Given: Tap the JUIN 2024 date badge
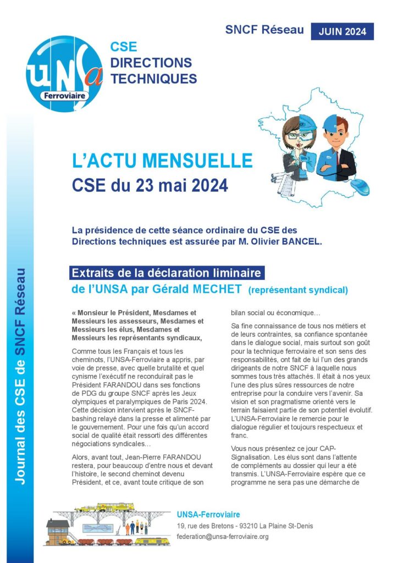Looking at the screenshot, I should (342, 31).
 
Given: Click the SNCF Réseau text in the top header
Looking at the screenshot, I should (264, 30).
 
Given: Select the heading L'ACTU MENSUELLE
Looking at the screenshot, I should (163, 161).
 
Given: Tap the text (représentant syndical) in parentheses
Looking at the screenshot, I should (298, 290).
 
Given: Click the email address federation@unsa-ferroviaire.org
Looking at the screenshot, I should (223, 536).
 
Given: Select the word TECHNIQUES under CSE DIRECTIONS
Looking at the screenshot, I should (153, 79).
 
